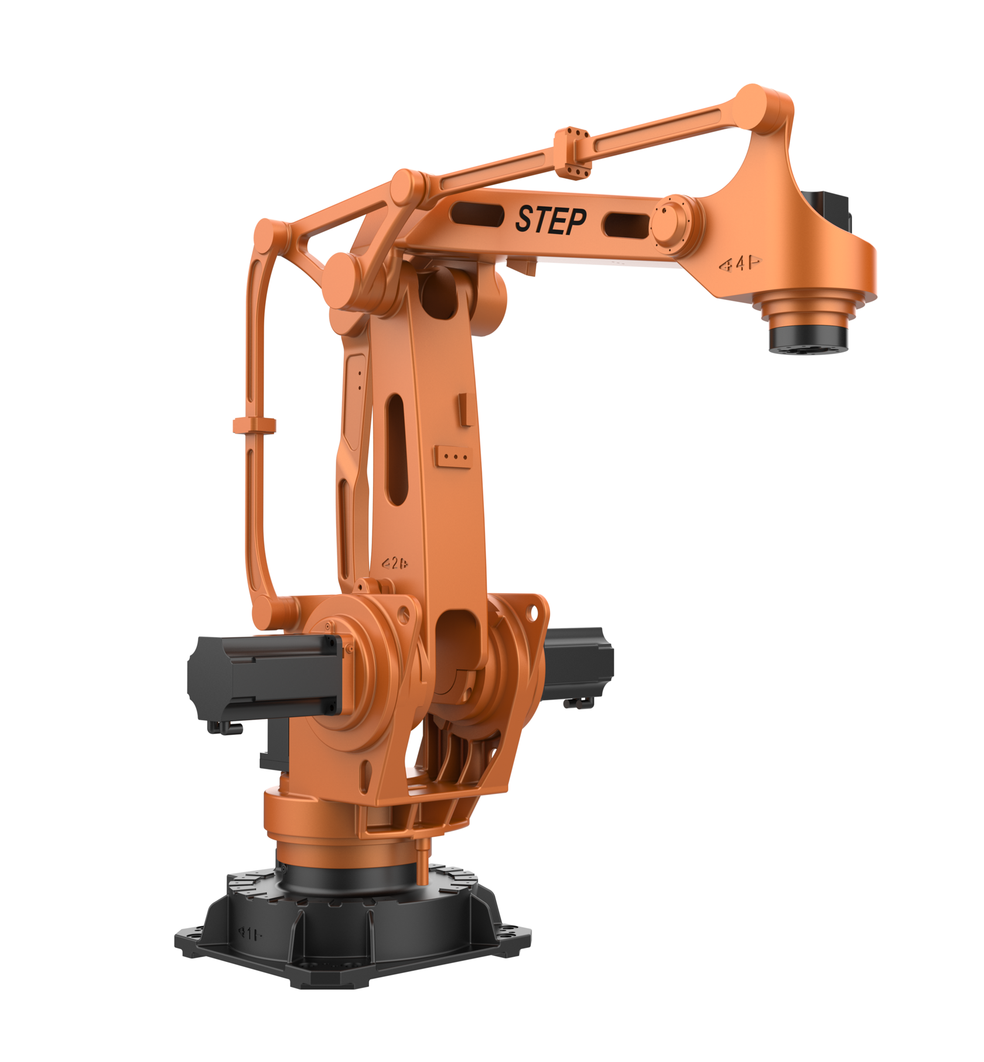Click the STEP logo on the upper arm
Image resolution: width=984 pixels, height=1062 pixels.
tap(550, 220)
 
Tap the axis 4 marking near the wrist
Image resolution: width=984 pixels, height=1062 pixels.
tap(740, 264)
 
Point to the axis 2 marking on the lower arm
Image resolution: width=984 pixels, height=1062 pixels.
tap(395, 564)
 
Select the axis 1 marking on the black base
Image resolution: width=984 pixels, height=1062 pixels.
tap(250, 933)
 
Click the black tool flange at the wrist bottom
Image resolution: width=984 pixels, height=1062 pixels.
tap(808, 339)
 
